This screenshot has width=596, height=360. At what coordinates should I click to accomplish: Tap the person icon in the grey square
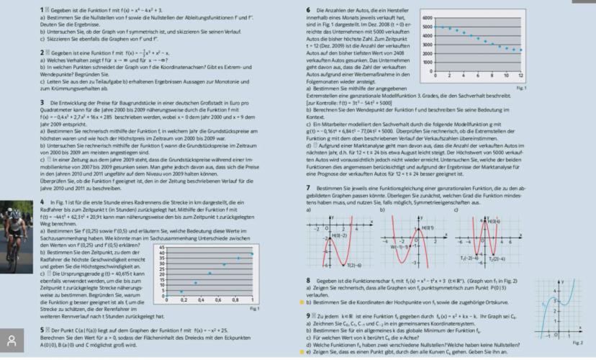coord(12,339)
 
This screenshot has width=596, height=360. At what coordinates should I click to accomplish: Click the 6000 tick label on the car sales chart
coord(427,17)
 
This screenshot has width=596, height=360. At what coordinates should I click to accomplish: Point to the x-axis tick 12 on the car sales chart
coord(519,76)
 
